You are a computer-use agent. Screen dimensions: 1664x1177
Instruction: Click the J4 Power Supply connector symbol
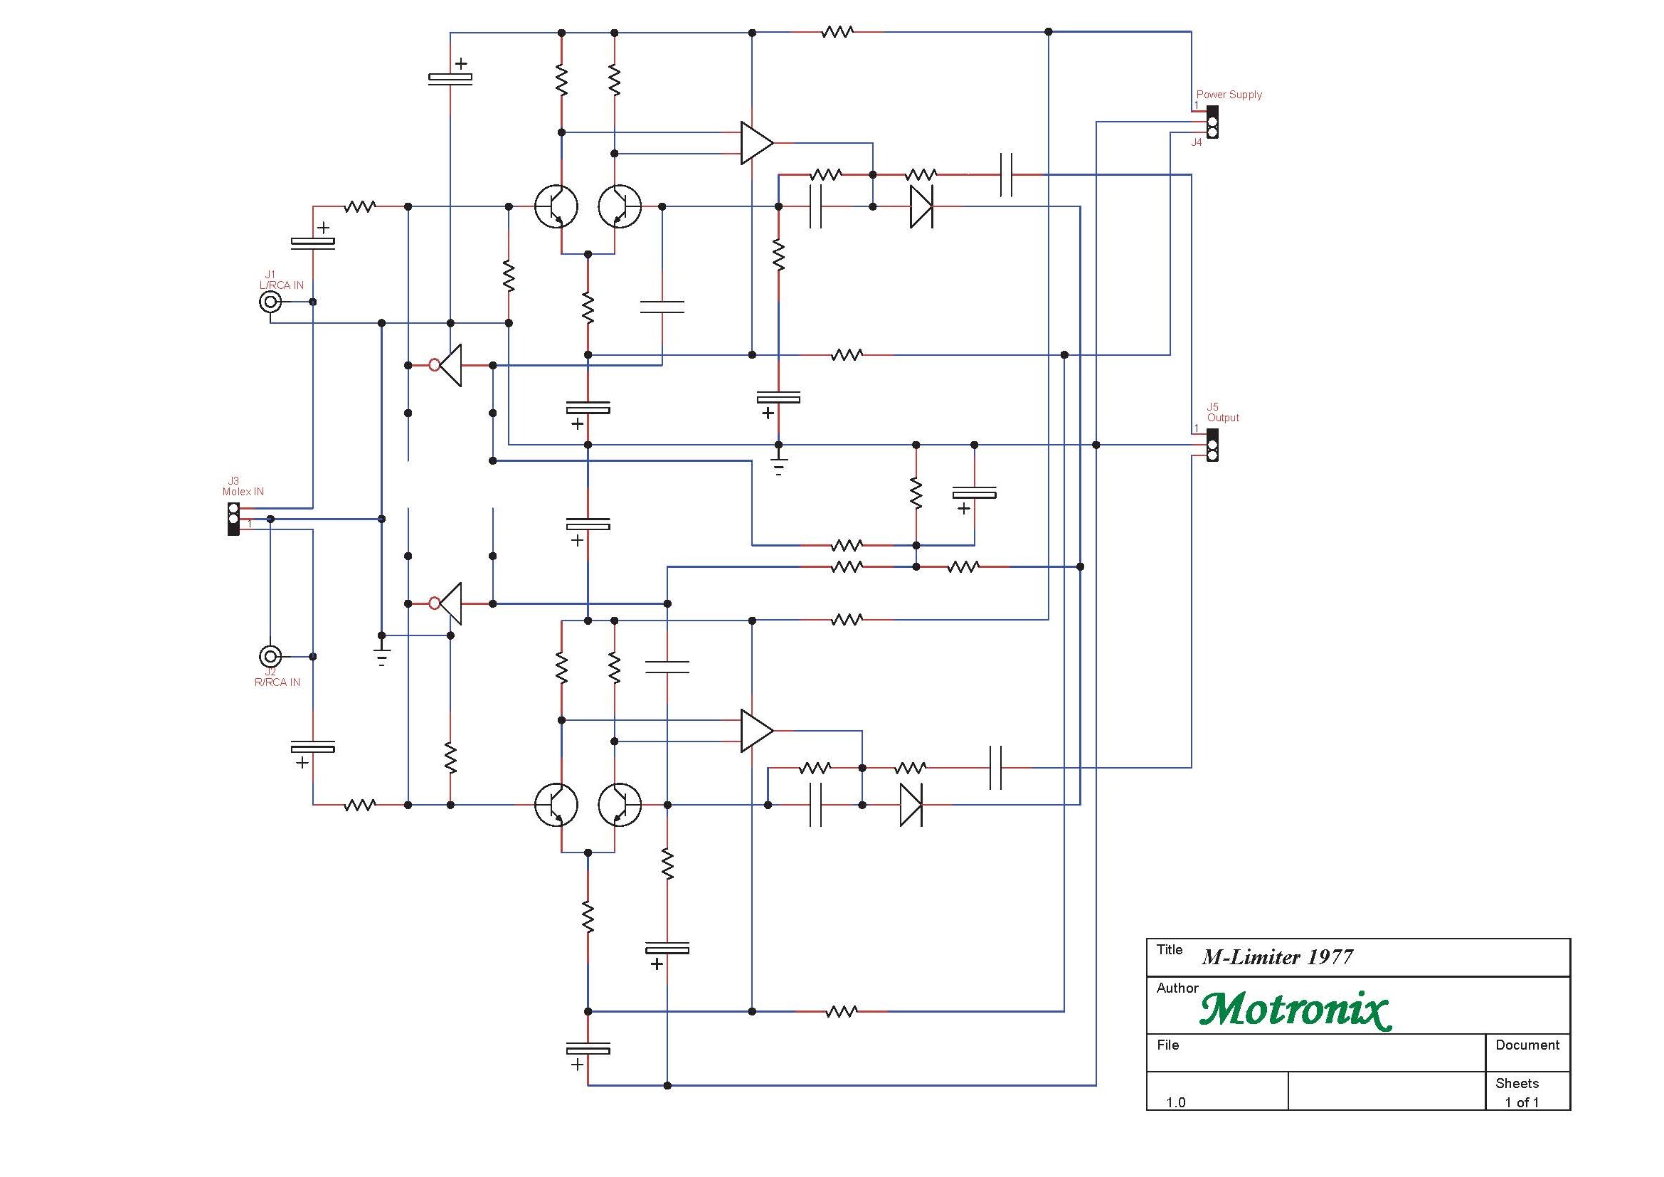1212,122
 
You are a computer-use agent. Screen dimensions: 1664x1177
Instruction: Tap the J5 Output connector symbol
1212,445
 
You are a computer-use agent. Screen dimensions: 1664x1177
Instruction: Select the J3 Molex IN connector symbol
233,519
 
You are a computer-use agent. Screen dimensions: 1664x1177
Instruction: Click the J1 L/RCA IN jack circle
270,302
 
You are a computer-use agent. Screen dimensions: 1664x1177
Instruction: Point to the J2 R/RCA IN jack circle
270,657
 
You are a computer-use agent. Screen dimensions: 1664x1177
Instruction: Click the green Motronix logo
1295,1010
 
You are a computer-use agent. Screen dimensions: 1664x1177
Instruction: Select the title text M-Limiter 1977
1277,957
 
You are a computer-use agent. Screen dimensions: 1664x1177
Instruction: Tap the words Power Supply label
1229,95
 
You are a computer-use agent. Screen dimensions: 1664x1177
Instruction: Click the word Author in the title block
1177,988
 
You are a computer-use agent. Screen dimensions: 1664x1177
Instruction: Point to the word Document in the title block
1527,1045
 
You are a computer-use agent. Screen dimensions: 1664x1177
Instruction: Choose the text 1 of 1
1522,1102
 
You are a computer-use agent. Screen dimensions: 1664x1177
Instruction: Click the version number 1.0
1175,1102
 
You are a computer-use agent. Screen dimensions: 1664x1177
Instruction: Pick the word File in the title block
1167,1045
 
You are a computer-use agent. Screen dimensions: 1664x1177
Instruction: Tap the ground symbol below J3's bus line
382,655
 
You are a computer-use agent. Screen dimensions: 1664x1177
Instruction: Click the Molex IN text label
243,492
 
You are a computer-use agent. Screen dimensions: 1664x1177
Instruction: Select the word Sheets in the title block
1517,1084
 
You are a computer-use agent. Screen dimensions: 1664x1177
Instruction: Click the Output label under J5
1224,418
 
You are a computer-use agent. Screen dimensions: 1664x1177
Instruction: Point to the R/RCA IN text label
277,682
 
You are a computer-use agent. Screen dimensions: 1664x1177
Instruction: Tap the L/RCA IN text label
281,285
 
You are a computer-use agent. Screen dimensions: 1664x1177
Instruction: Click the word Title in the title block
1169,949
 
